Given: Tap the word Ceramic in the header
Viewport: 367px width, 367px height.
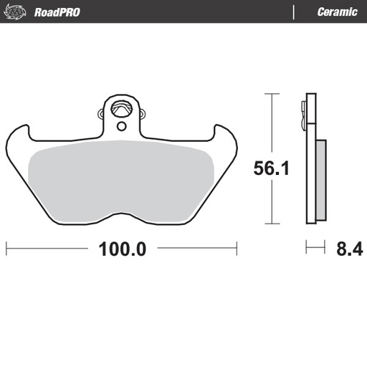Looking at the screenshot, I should point(337,11).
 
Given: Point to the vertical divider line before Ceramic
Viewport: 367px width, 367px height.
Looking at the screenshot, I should point(295,11).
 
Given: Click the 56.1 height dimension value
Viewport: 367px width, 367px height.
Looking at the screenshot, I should point(270,168).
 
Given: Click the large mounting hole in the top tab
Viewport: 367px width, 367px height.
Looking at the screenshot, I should point(120,110).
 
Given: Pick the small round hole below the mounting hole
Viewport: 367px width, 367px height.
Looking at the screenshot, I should point(120,127).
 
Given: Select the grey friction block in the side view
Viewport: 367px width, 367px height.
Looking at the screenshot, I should point(320,179).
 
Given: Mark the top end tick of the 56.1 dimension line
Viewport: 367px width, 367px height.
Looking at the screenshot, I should point(270,93).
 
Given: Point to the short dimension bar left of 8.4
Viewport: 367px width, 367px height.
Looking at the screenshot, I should point(315,248).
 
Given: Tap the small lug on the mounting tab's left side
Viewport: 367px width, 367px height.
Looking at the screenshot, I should point(100,112).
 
